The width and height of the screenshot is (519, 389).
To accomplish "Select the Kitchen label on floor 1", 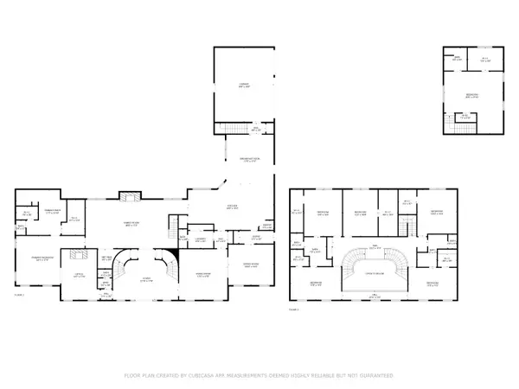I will point(232,208).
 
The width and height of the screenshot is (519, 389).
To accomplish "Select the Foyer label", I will point(146,278).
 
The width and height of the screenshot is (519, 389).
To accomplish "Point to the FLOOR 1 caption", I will point(19,296).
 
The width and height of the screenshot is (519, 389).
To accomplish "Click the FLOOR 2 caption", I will point(295,308).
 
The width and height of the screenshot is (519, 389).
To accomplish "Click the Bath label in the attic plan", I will point(465,116).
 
